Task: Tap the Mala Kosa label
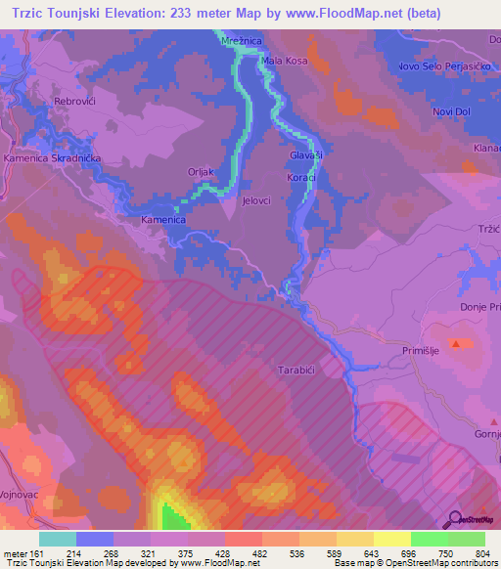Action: click(x=283, y=61)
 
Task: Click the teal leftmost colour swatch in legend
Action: click(x=58, y=539)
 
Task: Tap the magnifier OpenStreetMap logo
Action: click(x=454, y=519)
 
